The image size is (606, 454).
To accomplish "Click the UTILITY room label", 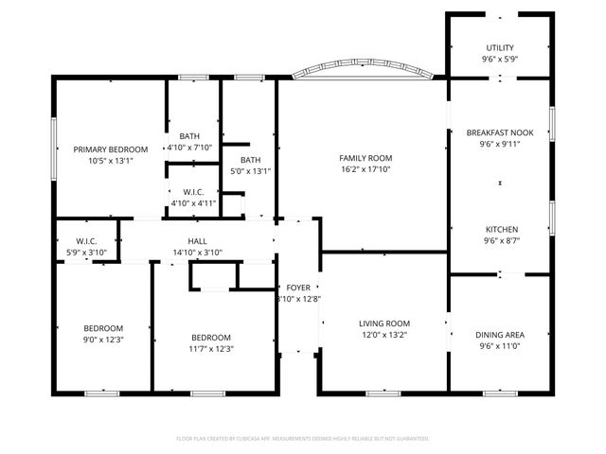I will (501, 47).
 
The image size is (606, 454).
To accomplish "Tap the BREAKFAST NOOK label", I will (501, 133).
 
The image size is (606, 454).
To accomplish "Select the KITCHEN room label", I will (501, 230).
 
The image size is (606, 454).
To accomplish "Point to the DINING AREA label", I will (500, 335).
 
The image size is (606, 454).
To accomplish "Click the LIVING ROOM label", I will (383, 323).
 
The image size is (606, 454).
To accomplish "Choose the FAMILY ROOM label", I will (365, 158).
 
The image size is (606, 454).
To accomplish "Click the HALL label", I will (197, 241).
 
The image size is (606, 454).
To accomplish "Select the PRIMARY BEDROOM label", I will (111, 149).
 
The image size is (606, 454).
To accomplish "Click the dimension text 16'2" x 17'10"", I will (365, 170).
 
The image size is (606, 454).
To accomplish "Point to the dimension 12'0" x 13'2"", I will (383, 335).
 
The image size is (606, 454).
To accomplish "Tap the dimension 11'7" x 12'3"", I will (210, 349).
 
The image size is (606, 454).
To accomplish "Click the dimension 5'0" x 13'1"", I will (250, 171).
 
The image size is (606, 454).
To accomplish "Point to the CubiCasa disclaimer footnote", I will (303, 439).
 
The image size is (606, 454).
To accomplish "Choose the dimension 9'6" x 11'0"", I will (500, 346).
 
